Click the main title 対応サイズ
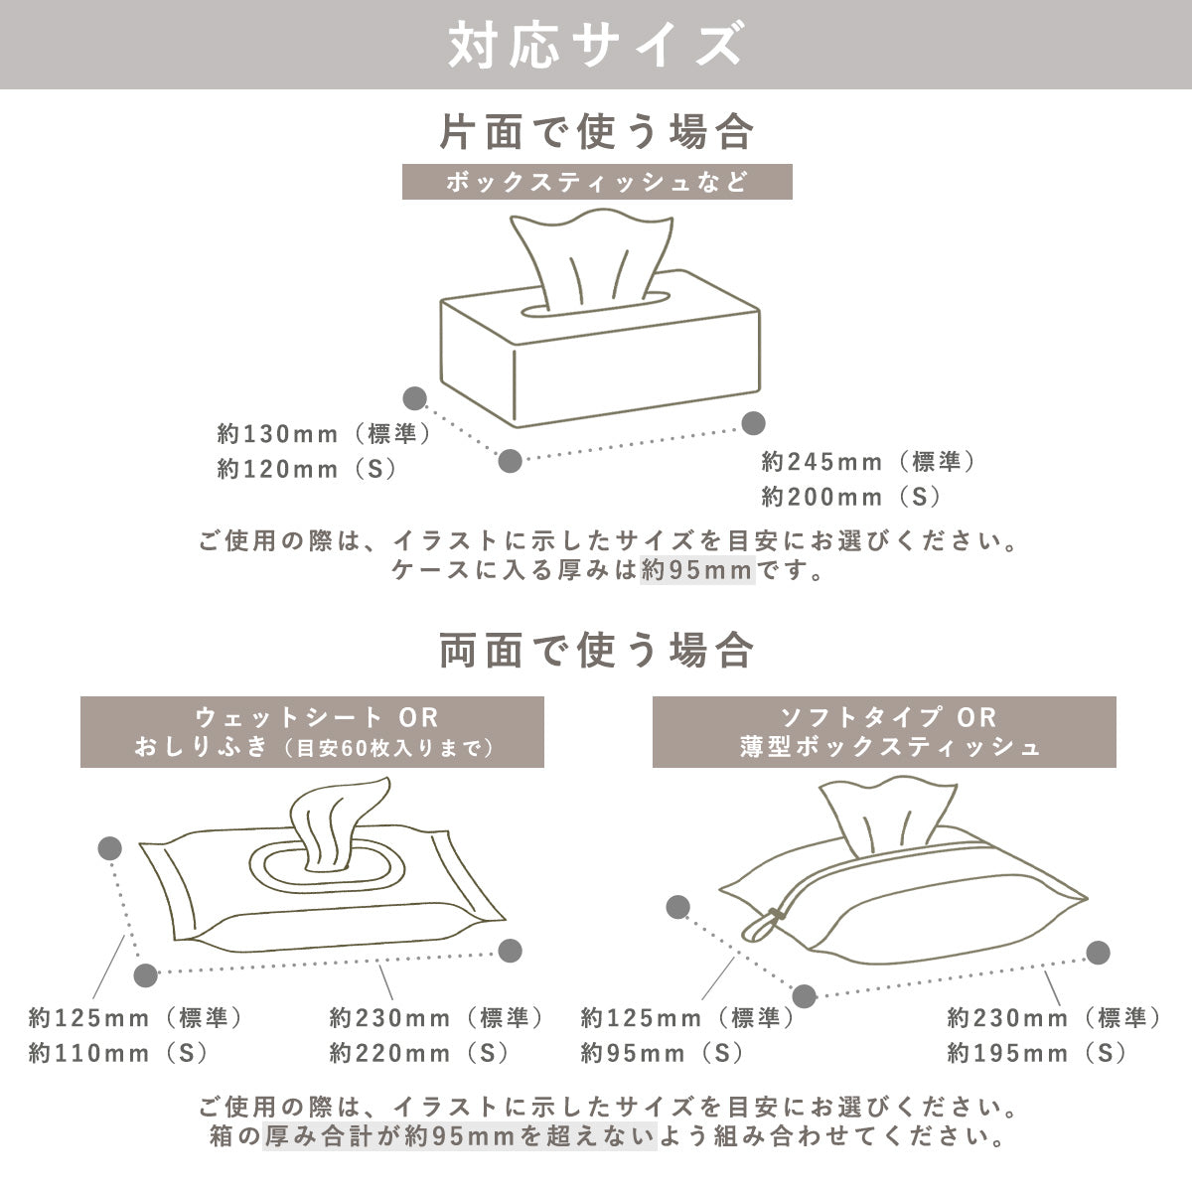tap(595, 45)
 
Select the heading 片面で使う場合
tap(596, 132)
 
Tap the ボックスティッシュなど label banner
tap(596, 184)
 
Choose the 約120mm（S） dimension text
tap(308, 469)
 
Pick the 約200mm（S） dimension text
tap(851, 495)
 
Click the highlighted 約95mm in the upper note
tap(697, 571)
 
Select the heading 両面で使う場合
tap(596, 652)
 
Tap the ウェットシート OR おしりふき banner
tap(312, 732)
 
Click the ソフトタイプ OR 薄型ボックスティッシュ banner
tap(883, 732)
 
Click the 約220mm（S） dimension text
tap(419, 1052)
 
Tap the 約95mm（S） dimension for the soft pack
tap(663, 1052)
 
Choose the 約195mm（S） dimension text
tap(1037, 1052)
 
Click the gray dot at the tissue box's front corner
tap(510, 460)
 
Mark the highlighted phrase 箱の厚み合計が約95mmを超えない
tap(459, 1134)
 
